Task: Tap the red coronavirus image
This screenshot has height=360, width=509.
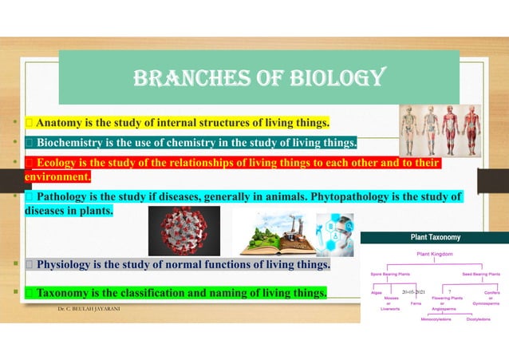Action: [183, 231]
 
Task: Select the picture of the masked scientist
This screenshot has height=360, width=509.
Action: [334, 234]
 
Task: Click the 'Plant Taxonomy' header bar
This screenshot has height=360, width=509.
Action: [435, 237]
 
